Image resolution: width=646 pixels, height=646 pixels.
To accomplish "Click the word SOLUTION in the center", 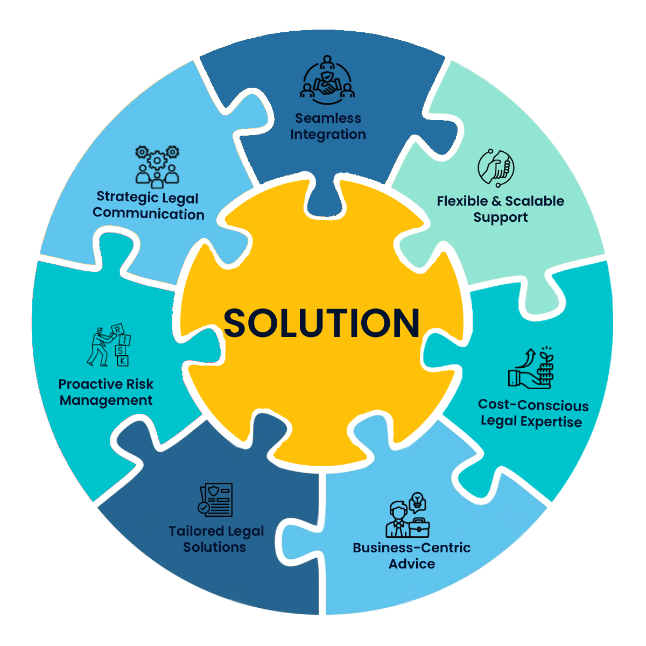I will click(322, 323).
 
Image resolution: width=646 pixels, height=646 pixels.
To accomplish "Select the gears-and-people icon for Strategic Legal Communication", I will click(157, 165).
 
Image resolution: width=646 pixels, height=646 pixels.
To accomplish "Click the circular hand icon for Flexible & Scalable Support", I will click(496, 168).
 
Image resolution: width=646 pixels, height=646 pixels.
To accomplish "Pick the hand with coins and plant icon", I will click(532, 369).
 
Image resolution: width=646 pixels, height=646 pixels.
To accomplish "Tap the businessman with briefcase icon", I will click(408, 515).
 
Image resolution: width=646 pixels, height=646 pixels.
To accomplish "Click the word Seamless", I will click(328, 118).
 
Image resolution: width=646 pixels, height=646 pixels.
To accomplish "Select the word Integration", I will click(328, 135).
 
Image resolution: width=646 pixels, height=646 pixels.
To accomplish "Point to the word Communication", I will click(149, 214).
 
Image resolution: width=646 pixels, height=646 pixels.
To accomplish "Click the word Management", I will click(106, 401).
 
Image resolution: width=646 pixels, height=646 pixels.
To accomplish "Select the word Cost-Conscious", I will click(533, 405).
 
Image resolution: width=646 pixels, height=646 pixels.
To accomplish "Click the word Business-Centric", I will click(411, 548).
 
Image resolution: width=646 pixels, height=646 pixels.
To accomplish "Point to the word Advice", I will click(411, 564).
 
